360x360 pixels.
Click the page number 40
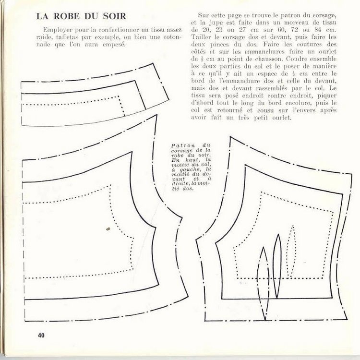(x=41, y=335)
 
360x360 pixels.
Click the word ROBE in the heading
(x=67, y=16)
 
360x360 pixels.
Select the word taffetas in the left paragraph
(x=67, y=37)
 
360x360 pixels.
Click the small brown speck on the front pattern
(x=108, y=228)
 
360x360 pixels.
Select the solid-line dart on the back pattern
(x=277, y=266)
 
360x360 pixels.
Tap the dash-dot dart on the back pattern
(x=263, y=284)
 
